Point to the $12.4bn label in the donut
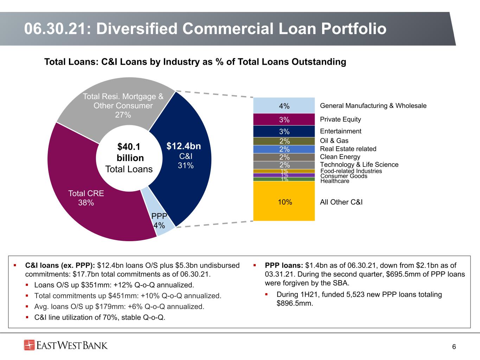coord(184,146)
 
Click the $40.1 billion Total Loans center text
coord(129,158)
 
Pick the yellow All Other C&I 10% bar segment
coord(284,201)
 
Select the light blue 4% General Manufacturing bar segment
coord(284,105)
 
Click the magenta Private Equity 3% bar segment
coord(284,119)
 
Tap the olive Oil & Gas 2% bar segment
coord(284,141)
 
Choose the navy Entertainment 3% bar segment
coord(284,131)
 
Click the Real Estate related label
coord(348,149)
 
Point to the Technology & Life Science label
coord(359,165)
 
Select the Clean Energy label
coord(340,157)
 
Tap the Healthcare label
coord(335,181)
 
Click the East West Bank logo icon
coord(29,345)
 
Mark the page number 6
coord(454,347)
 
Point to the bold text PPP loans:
coord(284,265)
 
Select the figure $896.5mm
coord(295,303)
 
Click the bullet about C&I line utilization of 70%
coord(100,317)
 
